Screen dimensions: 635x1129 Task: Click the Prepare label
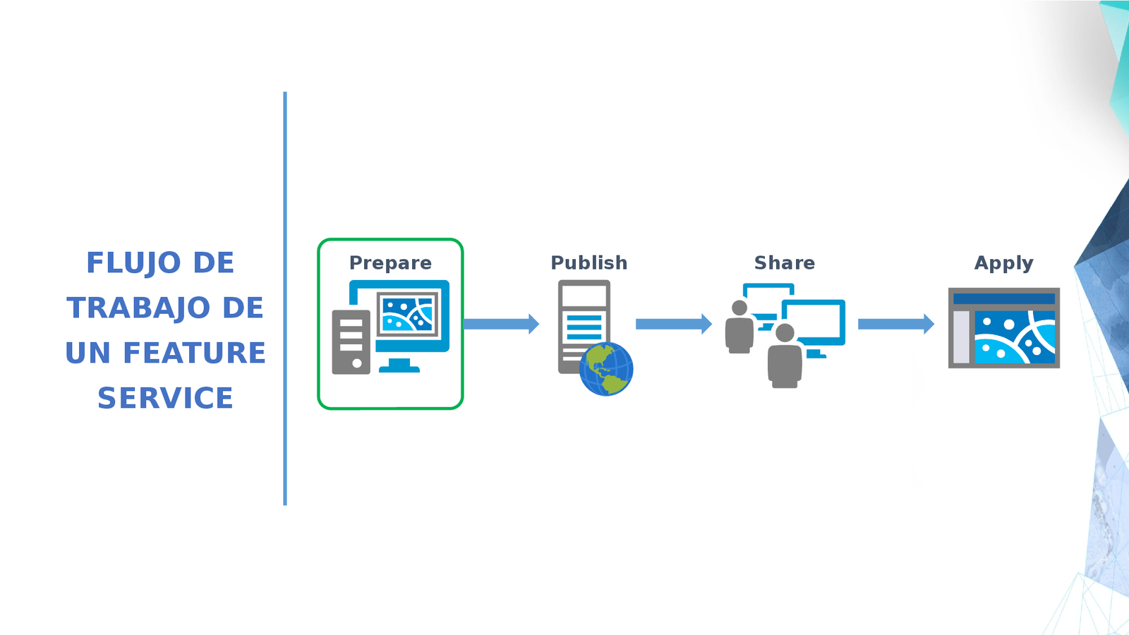click(390, 263)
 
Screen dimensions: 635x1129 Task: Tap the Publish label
click(588, 263)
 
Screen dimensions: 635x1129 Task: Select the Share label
click(784, 263)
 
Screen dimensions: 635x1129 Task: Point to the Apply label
click(1003, 263)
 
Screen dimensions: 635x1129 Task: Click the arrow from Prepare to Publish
click(500, 324)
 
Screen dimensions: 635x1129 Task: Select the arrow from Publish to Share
click(673, 324)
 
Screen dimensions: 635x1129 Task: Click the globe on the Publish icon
click(606, 369)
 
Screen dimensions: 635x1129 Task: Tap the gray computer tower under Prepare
click(351, 342)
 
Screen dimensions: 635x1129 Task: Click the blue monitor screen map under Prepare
click(408, 313)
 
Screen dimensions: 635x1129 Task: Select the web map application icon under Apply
click(1003, 327)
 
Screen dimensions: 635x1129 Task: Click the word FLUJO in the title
click(133, 263)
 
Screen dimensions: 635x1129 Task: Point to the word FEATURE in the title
click(194, 353)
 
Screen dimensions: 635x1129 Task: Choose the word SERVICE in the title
click(165, 399)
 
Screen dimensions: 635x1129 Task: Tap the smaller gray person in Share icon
click(739, 328)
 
